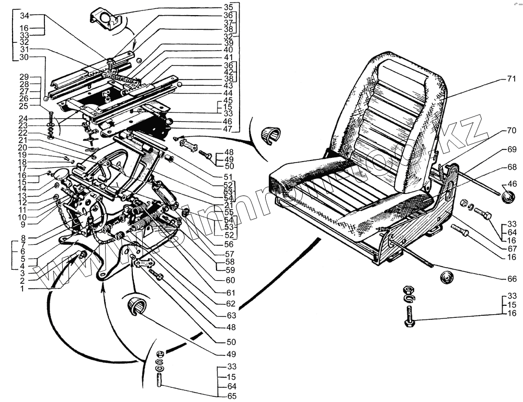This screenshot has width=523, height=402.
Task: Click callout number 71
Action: click(511, 79)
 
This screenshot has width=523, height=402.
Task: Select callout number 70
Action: click(511, 131)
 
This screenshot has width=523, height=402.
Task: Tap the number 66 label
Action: click(511, 279)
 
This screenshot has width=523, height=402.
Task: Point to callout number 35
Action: click(228, 7)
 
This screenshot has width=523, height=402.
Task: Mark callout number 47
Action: click(228, 129)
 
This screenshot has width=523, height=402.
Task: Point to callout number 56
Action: click(228, 244)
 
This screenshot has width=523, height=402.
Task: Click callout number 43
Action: click(228, 85)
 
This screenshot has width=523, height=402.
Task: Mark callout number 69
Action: click(511, 149)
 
